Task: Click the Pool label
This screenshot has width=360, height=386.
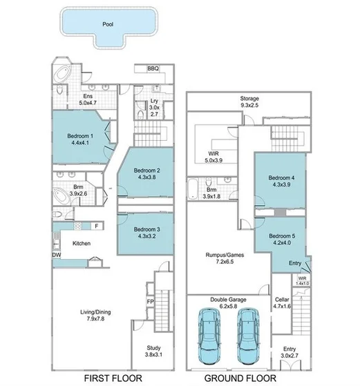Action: (107, 23)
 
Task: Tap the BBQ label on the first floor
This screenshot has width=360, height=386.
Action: (153, 68)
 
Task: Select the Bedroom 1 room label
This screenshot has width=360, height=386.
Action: (80, 136)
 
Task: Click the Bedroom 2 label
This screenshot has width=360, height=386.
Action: (147, 171)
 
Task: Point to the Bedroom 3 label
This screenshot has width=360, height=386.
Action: (147, 229)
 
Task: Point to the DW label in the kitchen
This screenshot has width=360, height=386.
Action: (56, 254)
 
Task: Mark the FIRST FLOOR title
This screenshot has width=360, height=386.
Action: (113, 378)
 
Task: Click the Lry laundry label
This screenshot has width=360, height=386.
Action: (154, 101)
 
